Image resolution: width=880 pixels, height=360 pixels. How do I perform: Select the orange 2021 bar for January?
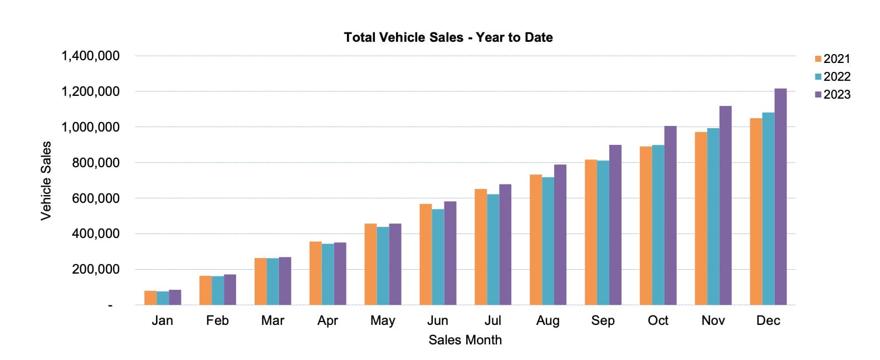point(150,298)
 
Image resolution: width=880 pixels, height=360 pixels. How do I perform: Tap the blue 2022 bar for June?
point(438,257)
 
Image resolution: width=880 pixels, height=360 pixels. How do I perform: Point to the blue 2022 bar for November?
point(713,217)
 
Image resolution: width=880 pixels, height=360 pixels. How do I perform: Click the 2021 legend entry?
point(833,59)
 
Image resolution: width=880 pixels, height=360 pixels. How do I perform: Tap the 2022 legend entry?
point(833,77)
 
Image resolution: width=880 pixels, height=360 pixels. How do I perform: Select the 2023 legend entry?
point(833,95)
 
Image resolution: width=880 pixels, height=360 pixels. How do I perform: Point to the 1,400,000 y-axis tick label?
point(90,56)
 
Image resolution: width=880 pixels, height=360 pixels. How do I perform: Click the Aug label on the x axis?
point(547,321)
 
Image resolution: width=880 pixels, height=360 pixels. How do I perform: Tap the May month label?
point(383,321)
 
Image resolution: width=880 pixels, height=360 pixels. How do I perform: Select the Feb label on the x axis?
point(217,321)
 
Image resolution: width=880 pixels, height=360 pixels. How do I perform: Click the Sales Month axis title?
point(465,340)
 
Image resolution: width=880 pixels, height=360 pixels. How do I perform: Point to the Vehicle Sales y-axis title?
point(46,181)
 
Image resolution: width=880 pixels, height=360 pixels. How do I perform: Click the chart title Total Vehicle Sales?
point(448,37)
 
